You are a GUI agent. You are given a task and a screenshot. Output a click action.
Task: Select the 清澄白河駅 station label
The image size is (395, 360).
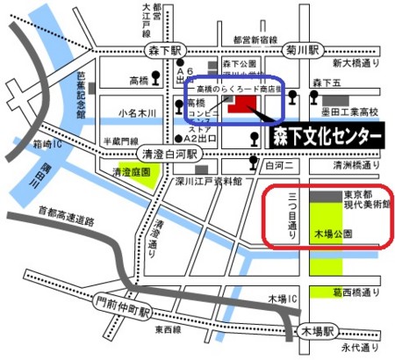174,150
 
